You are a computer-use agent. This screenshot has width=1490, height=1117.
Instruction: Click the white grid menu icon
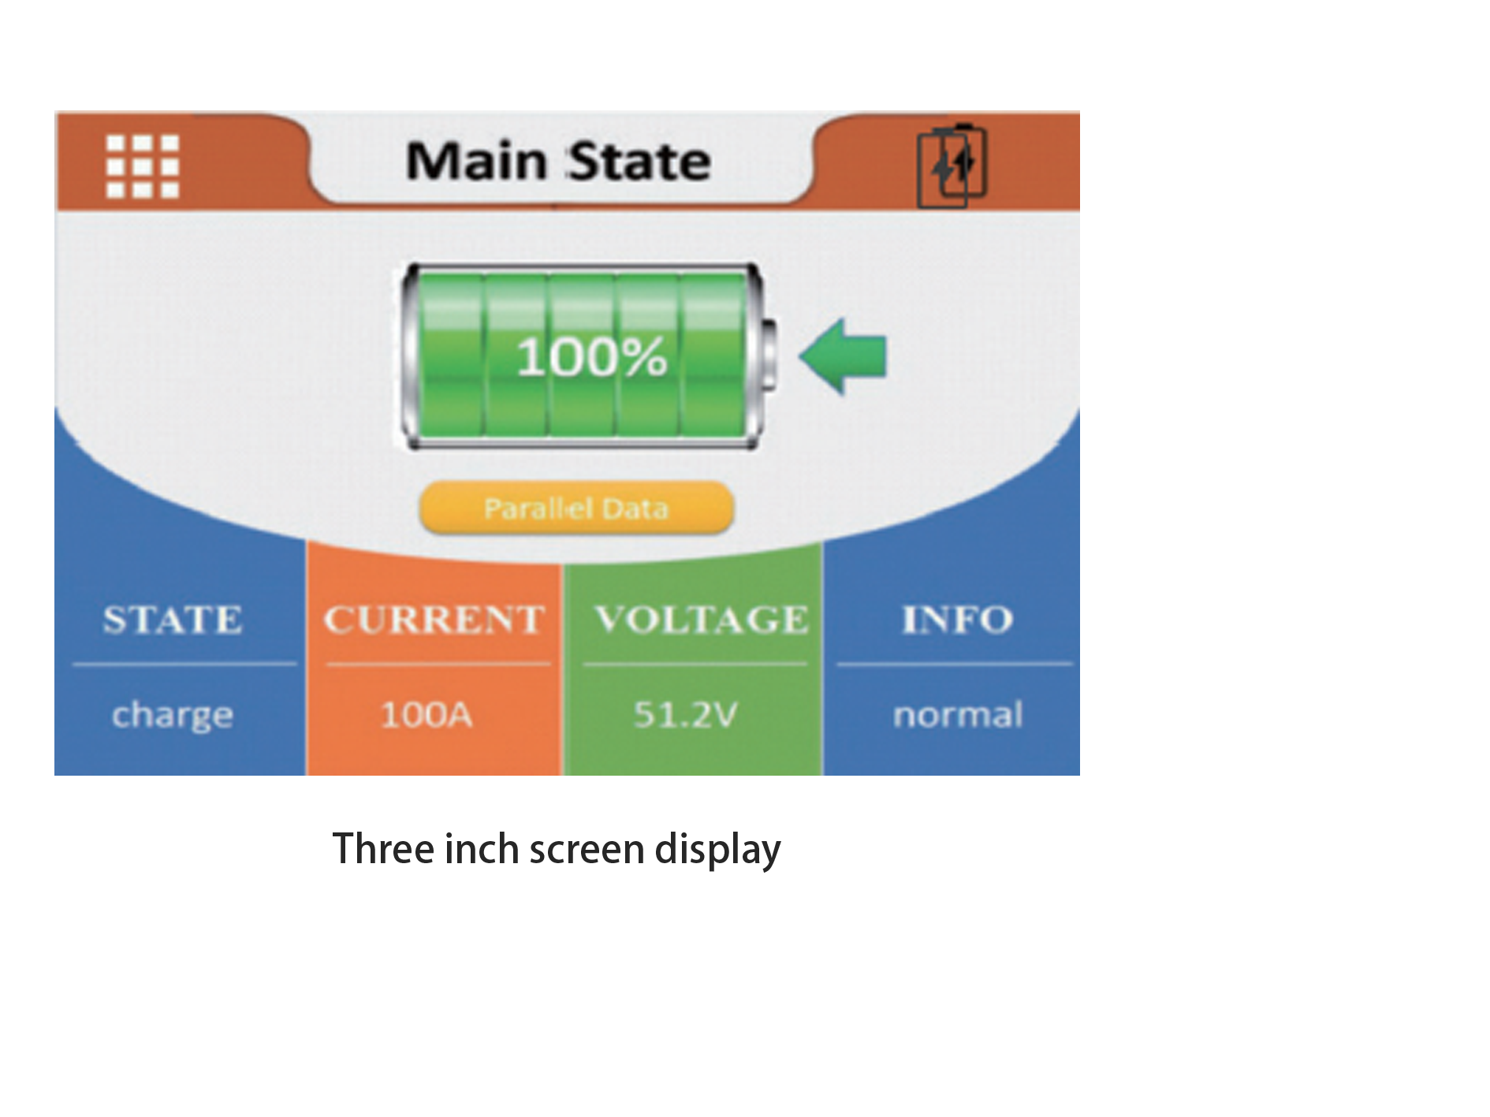(143, 166)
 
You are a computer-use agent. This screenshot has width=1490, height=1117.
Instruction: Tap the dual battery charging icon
(952, 166)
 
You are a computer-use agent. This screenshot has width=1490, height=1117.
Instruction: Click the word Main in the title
(476, 162)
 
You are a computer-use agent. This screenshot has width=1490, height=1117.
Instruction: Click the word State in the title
(639, 162)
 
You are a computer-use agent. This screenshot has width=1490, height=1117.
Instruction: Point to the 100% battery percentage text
(591, 357)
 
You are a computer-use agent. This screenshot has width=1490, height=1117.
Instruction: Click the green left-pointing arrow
(844, 356)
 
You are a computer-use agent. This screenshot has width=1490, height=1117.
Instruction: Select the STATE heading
(173, 620)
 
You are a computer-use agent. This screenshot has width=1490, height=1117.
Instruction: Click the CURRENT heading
(434, 620)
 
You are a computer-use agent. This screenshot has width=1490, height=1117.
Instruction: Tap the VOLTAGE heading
(701, 620)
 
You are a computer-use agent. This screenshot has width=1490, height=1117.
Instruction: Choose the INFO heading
(957, 620)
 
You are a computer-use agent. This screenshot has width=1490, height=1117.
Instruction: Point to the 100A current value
(427, 715)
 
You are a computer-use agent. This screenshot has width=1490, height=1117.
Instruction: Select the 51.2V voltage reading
(685, 715)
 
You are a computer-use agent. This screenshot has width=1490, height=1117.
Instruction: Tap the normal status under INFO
(958, 715)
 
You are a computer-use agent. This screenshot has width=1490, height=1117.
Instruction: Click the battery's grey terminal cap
(769, 356)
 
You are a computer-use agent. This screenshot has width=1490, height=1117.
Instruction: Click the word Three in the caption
(383, 849)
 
